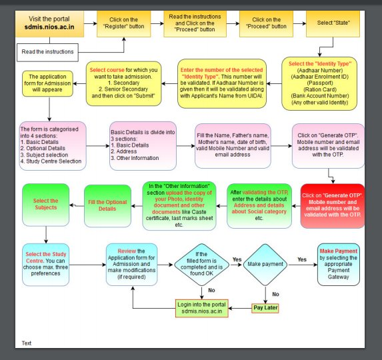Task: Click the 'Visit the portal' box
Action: point(49,23)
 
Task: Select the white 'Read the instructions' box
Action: point(47,53)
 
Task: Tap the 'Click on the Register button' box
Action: point(124,23)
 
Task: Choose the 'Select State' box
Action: point(333,23)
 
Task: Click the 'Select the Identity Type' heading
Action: point(320,64)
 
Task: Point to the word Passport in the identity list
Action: point(320,83)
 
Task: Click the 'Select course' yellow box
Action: point(123,83)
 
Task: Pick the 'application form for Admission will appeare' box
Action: point(47,83)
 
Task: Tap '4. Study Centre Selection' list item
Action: point(51,161)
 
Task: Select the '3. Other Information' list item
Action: point(135,158)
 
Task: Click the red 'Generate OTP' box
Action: point(333,206)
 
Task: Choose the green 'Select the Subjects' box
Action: point(46,205)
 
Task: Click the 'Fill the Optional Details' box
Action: point(107,206)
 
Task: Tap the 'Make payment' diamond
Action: point(265,265)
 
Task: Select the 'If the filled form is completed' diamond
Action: point(201,265)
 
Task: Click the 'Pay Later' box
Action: point(265,308)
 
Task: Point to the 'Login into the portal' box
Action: point(202,308)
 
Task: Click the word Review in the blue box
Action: point(127,251)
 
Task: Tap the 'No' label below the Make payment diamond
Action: point(275,294)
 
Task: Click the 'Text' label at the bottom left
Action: point(27,343)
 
